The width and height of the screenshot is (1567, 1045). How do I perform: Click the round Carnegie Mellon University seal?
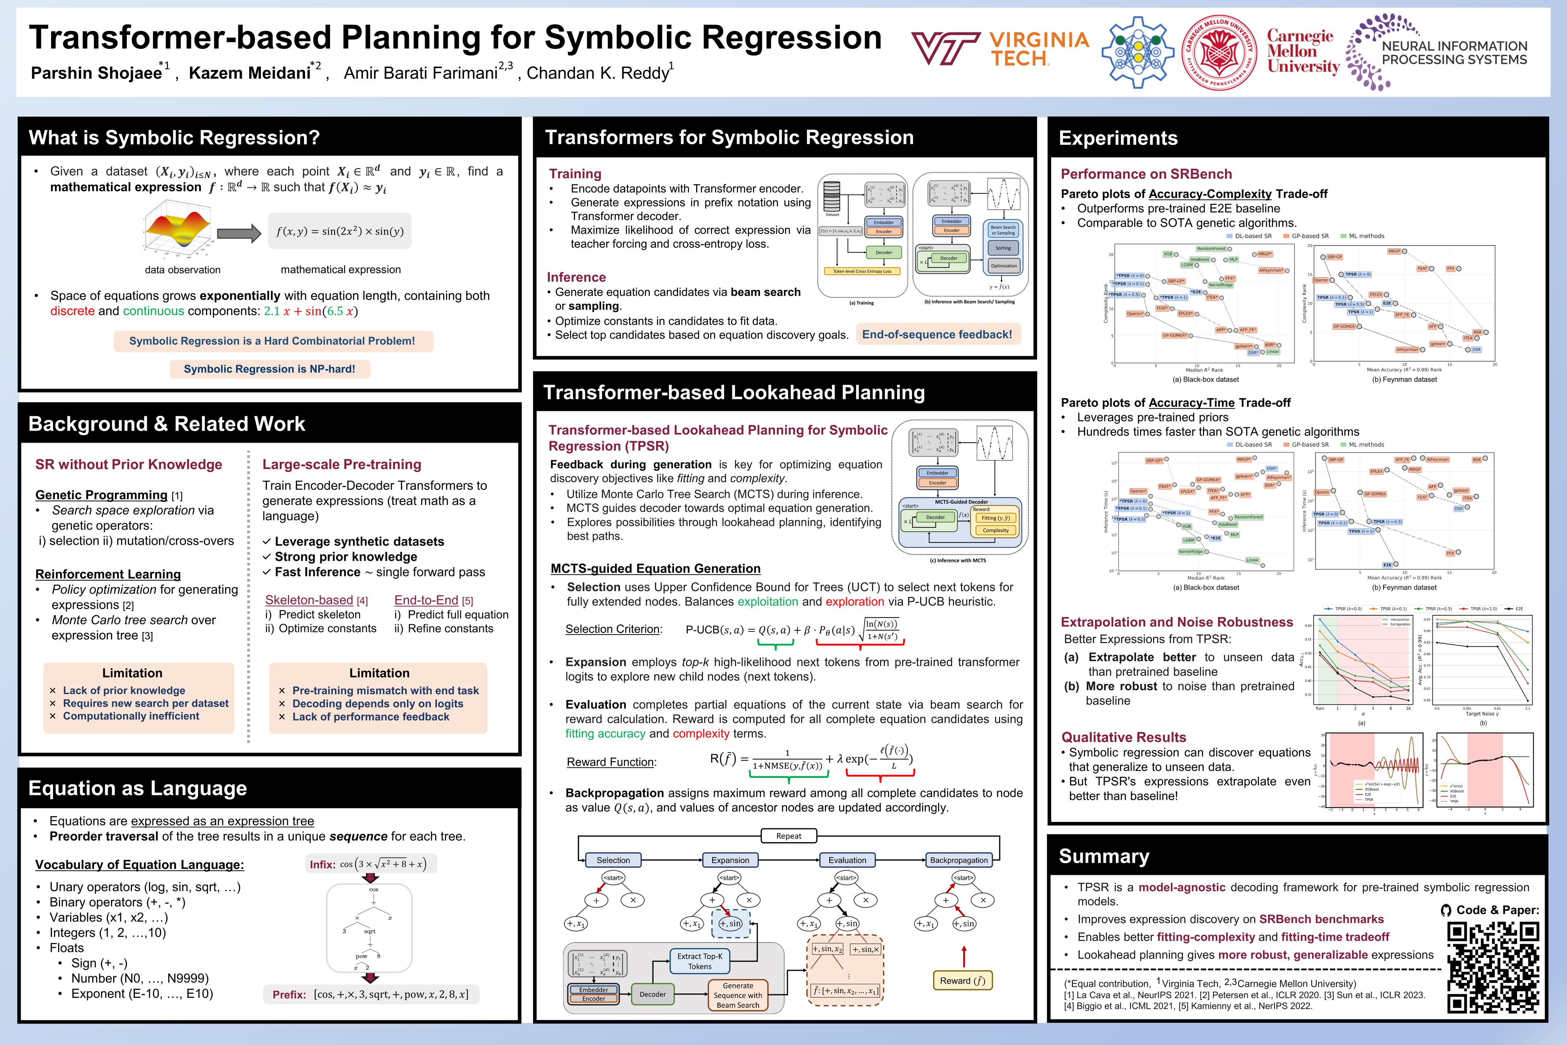[x=1219, y=52]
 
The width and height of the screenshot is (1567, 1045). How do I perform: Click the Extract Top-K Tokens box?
[x=700, y=961]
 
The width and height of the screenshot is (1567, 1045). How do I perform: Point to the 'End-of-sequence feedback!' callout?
[x=937, y=335]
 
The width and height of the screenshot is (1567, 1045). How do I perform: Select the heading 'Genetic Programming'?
[x=101, y=495]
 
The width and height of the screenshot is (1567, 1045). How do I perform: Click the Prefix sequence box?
[x=370, y=994]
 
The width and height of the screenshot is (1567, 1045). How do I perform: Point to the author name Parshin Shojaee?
[x=96, y=73]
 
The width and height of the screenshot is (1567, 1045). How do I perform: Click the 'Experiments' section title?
[x=1118, y=138]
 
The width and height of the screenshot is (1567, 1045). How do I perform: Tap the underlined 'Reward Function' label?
[x=610, y=762]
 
